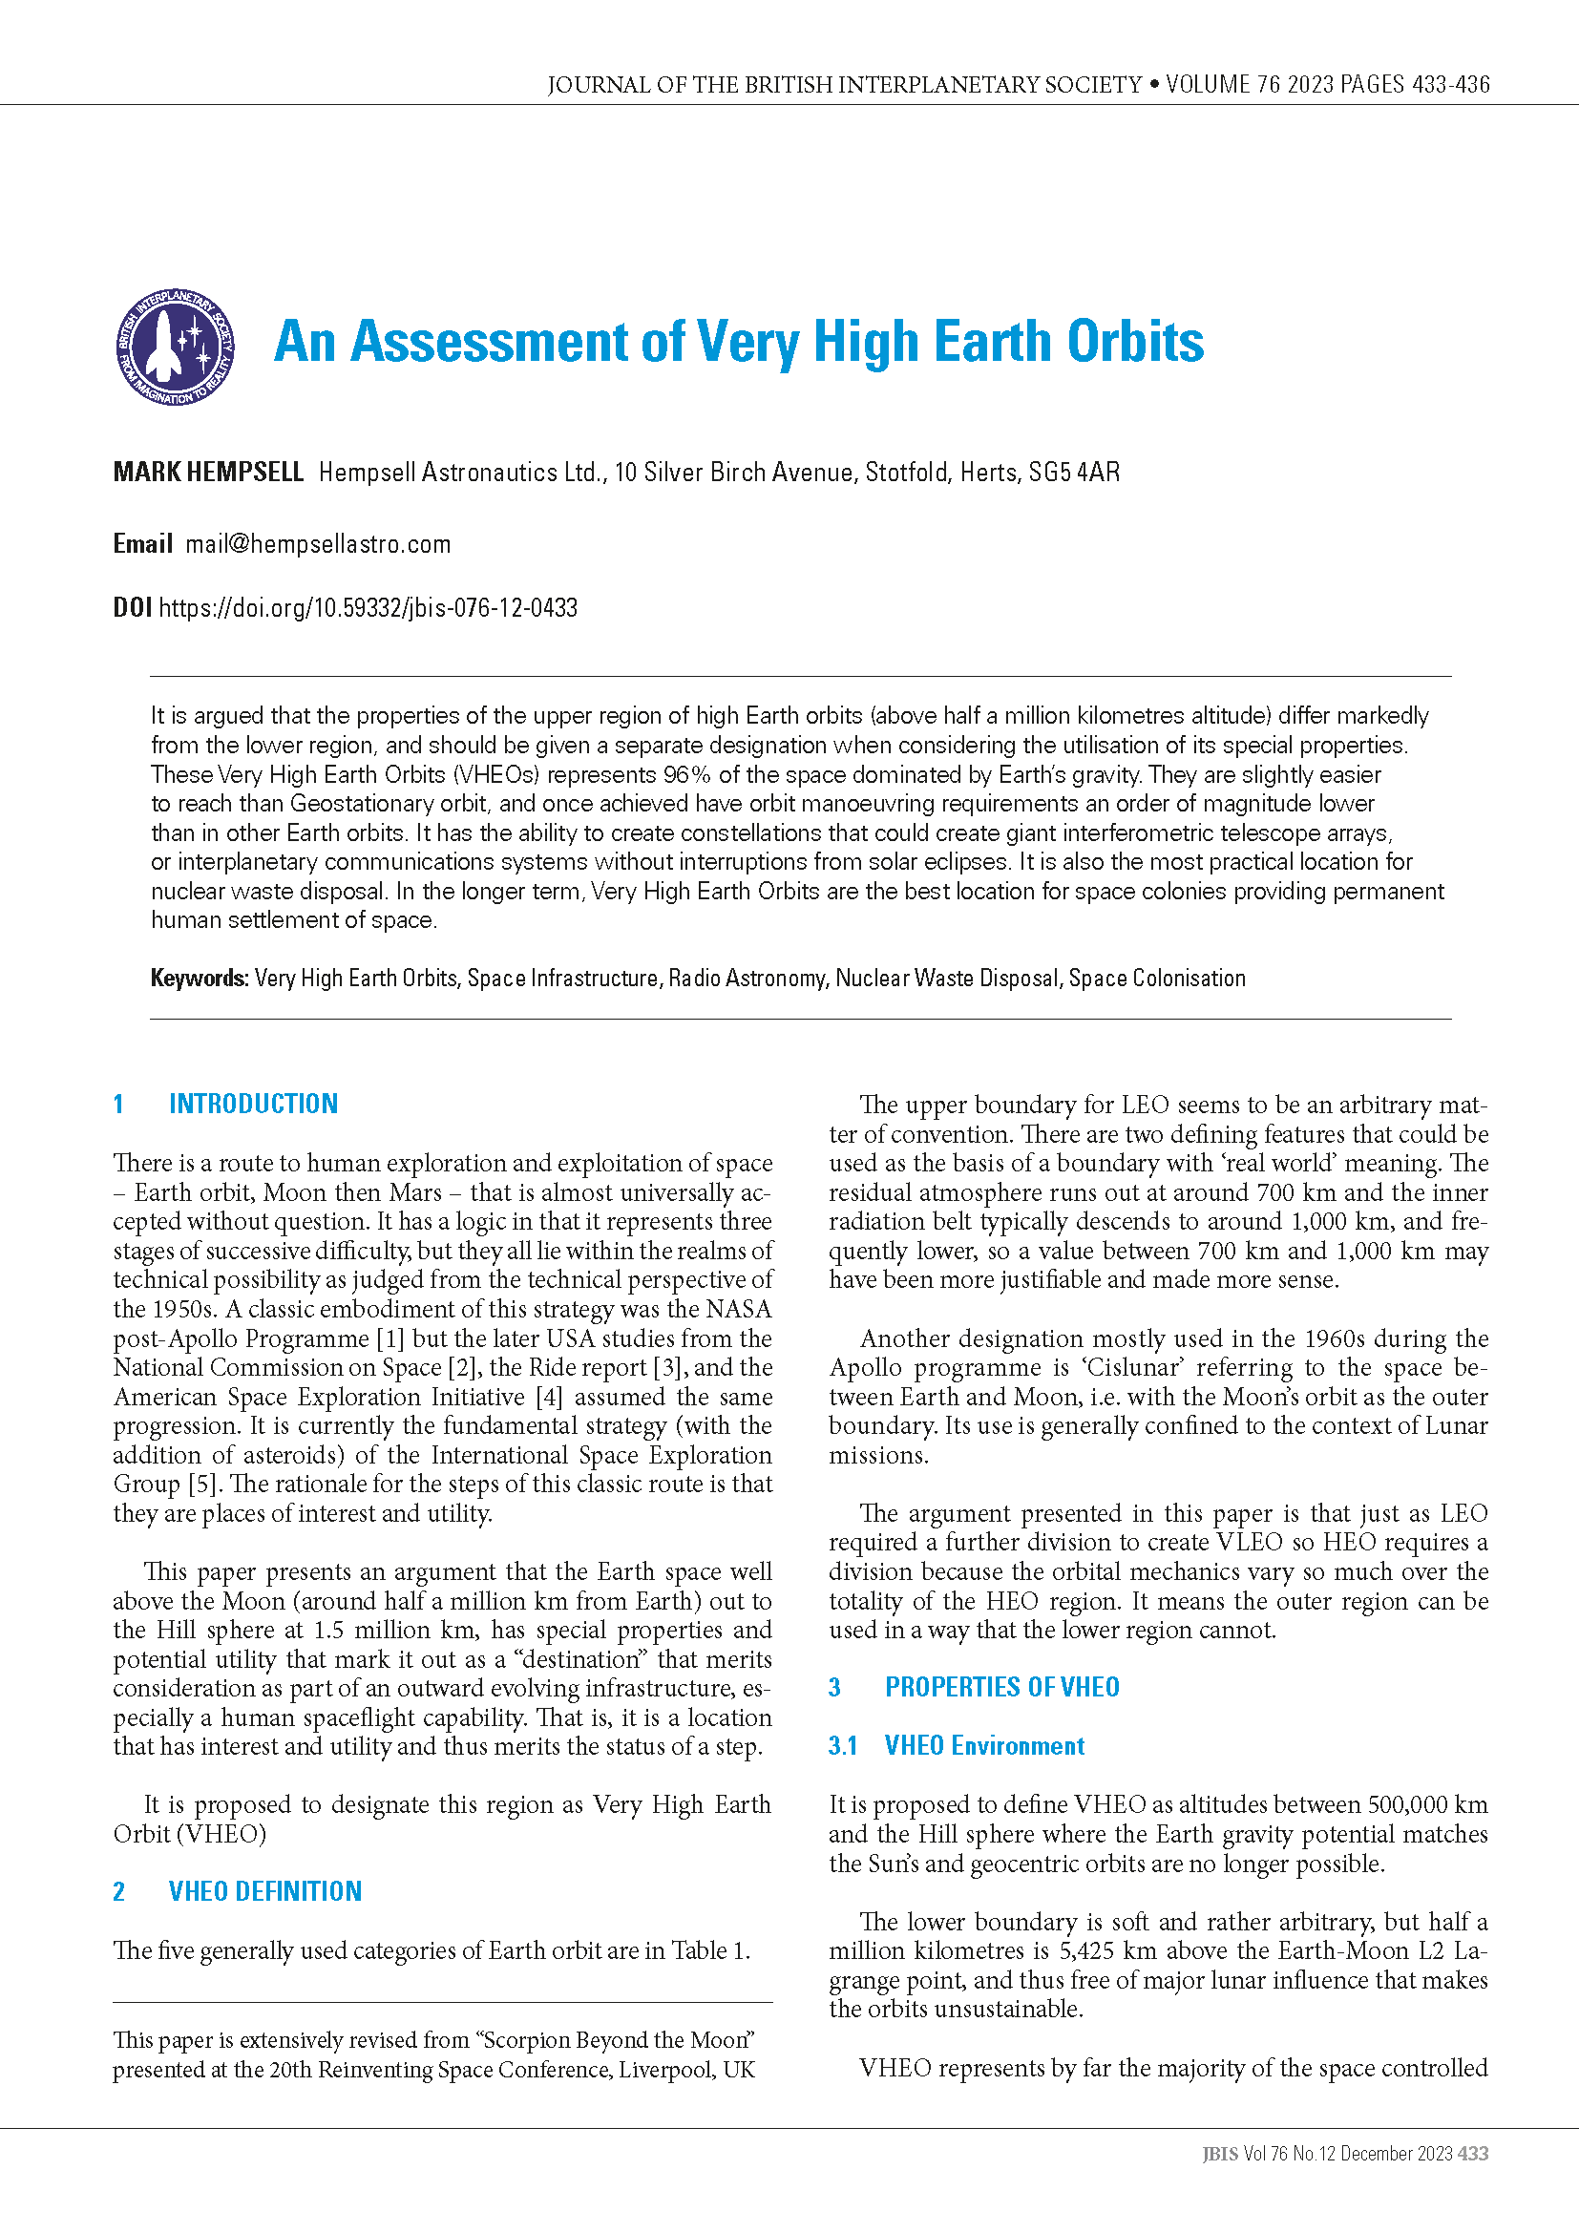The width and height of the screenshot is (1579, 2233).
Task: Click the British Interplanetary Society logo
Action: coord(175,348)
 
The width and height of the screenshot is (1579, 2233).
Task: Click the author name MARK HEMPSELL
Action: coord(208,473)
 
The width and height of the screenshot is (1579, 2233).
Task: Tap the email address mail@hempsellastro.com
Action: coord(318,544)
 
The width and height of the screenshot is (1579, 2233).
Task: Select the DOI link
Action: coord(368,609)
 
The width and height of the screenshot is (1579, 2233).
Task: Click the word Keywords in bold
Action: coord(200,979)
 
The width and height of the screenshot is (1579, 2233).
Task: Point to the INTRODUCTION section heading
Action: coord(253,1104)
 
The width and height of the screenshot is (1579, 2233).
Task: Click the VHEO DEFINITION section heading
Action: coord(264,1891)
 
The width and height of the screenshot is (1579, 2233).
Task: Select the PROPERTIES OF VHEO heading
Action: coord(1001,1687)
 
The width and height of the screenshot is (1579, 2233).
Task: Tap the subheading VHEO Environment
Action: coord(984,1746)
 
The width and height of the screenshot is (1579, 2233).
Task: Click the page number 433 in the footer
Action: coord(1473,2154)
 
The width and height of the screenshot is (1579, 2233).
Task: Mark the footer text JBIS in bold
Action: coord(1220,2154)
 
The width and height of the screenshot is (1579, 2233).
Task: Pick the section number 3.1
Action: coord(843,1746)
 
